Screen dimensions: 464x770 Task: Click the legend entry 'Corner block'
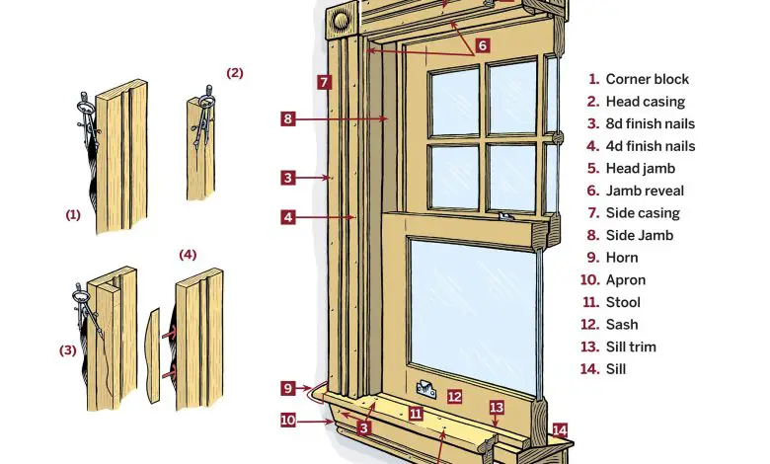(x=647, y=79)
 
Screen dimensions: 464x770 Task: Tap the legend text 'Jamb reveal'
(x=645, y=191)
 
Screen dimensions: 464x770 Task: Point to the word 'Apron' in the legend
(x=625, y=279)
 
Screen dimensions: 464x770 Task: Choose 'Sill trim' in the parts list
(x=631, y=347)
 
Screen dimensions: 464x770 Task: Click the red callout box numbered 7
(x=323, y=82)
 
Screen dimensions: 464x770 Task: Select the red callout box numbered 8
(x=287, y=118)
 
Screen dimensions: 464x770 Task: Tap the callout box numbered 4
(x=287, y=216)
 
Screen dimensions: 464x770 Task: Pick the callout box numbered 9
(x=287, y=387)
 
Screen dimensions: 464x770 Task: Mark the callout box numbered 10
(x=287, y=420)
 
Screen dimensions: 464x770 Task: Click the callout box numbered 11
(x=417, y=414)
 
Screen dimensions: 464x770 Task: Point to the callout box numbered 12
(x=454, y=397)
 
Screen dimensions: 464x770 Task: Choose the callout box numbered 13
(x=497, y=407)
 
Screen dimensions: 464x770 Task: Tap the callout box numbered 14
(x=560, y=429)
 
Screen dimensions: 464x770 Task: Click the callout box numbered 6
(x=482, y=44)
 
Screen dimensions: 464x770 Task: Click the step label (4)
(x=188, y=254)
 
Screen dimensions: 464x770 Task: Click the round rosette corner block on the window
(x=340, y=19)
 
